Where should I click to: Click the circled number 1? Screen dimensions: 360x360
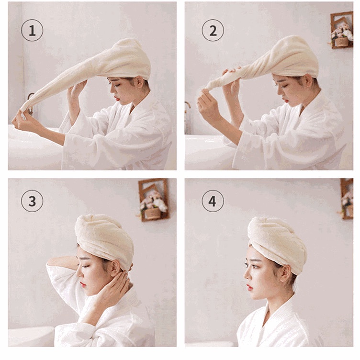[32, 30]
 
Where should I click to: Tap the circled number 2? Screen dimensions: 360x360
[213, 30]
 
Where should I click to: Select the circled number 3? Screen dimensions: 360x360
[32, 201]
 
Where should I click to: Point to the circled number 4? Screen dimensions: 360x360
[213, 201]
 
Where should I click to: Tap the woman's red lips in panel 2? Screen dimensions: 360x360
[285, 101]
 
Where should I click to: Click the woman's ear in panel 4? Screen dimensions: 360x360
[286, 274]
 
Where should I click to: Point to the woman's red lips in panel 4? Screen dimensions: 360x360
[249, 287]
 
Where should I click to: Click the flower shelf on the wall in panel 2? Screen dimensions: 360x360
[342, 30]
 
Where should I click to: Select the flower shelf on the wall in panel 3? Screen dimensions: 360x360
[154, 200]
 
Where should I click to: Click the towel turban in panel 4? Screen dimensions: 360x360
[278, 242]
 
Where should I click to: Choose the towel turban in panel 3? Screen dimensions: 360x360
[104, 240]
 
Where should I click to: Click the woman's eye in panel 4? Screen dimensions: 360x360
[253, 266]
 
